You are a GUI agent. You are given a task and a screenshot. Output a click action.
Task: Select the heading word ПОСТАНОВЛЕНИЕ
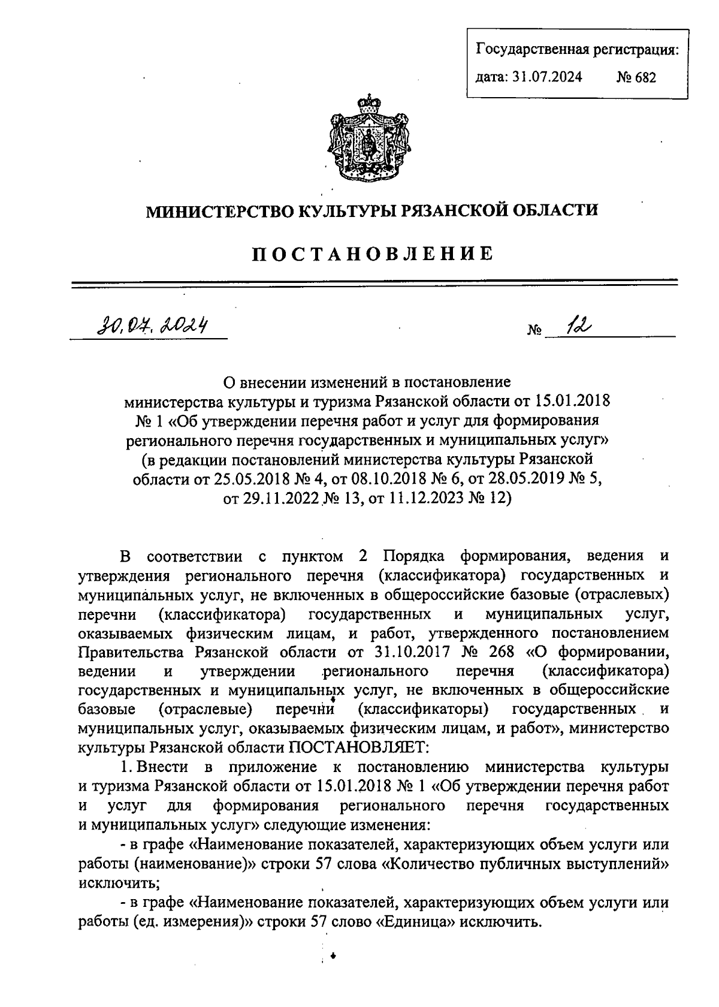[372, 254]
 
